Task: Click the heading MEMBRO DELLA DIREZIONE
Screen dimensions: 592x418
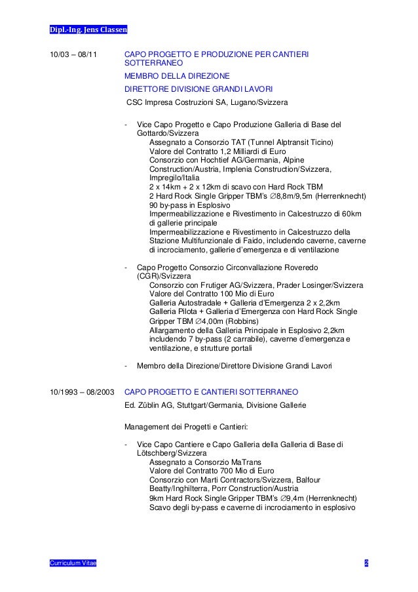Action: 172,77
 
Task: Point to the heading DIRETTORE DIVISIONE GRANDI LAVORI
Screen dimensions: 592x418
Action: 199,89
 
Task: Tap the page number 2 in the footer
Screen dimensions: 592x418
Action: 367,563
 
